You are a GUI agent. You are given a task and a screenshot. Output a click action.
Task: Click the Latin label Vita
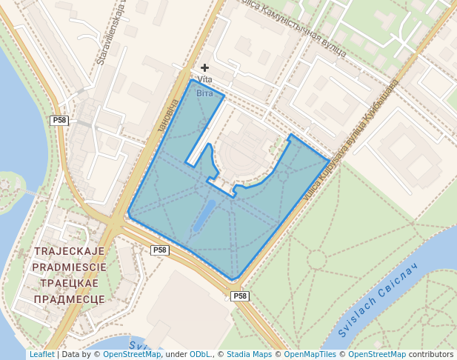(x=205, y=80)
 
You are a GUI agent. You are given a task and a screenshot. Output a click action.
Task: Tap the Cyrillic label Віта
(x=204, y=93)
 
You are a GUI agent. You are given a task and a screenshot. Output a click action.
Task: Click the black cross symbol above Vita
(x=205, y=67)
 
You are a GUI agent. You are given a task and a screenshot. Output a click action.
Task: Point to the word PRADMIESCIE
(x=70, y=267)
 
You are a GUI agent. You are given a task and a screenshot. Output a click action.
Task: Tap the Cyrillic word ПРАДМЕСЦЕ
(x=70, y=299)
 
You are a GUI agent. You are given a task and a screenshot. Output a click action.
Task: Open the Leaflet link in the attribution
(x=41, y=354)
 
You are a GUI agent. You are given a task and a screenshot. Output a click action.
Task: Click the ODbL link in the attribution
(x=200, y=354)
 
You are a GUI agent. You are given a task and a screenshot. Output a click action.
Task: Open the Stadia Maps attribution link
(x=249, y=354)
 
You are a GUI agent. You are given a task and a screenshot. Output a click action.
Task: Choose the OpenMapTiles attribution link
(x=310, y=354)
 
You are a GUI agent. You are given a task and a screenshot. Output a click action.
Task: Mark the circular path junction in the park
(x=317, y=259)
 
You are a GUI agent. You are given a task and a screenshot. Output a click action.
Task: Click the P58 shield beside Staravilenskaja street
(x=59, y=120)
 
